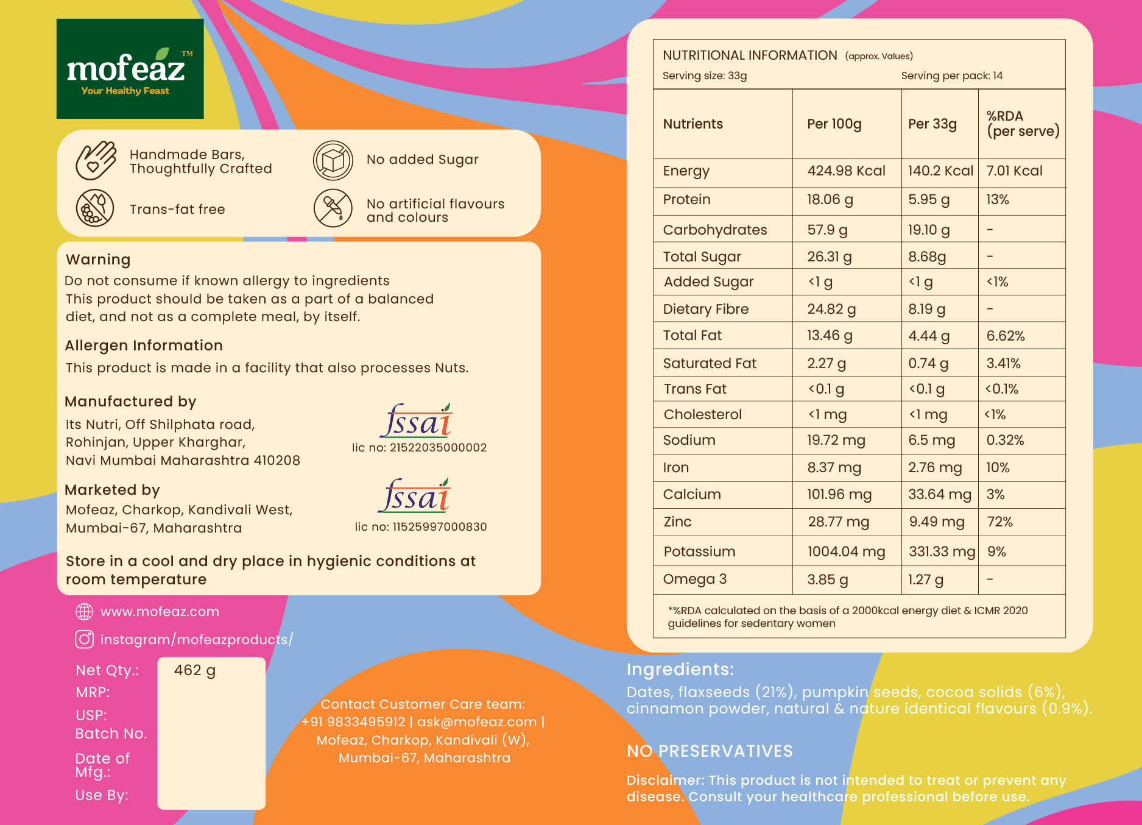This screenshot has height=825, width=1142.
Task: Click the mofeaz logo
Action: (130, 69)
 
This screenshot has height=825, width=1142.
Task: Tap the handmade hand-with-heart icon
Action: (96, 160)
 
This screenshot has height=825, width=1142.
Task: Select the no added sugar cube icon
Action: (333, 161)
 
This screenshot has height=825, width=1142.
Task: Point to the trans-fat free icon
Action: (95, 208)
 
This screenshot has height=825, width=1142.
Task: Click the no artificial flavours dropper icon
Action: (333, 208)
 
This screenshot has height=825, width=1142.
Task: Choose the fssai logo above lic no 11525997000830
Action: (415, 495)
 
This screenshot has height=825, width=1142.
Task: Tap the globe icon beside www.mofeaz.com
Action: (84, 612)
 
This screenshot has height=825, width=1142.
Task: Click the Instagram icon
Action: (84, 639)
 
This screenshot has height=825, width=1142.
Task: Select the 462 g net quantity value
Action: (195, 670)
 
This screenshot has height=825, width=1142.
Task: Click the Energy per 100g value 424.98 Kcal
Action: (847, 171)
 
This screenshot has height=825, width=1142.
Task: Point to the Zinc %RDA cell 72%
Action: (1000, 522)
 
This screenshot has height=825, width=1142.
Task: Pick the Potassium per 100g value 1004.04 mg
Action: (847, 551)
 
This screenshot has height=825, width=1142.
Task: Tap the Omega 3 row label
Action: (695, 579)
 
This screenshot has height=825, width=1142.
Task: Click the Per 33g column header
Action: (932, 124)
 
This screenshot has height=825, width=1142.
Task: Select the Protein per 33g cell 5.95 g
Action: (929, 200)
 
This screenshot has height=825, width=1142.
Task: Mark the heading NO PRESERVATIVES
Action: (710, 751)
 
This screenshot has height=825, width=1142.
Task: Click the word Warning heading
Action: (98, 260)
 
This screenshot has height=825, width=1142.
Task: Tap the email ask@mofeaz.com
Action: (477, 722)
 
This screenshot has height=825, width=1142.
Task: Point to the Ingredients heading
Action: (680, 670)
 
